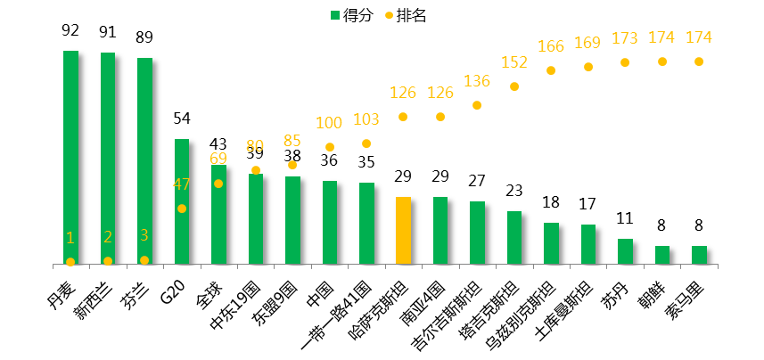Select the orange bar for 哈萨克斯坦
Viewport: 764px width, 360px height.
pyautogui.click(x=403, y=231)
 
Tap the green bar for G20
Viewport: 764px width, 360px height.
pyautogui.click(x=181, y=201)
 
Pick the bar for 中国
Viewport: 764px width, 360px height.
pyautogui.click(x=329, y=222)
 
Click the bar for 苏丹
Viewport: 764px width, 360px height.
pyautogui.click(x=625, y=251)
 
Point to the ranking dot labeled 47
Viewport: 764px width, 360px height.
pyautogui.click(x=182, y=209)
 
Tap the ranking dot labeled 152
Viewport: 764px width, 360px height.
pyautogui.click(x=514, y=86)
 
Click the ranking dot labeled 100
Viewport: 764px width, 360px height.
pyautogui.click(x=329, y=147)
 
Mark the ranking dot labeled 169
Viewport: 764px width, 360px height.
pyautogui.click(x=588, y=67)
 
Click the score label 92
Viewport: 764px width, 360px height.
pyautogui.click(x=70, y=30)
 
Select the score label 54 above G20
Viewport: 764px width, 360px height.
pyautogui.click(x=181, y=119)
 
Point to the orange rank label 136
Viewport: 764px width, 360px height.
pyautogui.click(x=477, y=82)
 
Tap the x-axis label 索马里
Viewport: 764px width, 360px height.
pyautogui.click(x=687, y=294)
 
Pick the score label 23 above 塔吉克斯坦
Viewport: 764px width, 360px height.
pyautogui.click(x=513, y=191)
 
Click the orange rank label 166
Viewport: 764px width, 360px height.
pyautogui.click(x=551, y=46)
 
